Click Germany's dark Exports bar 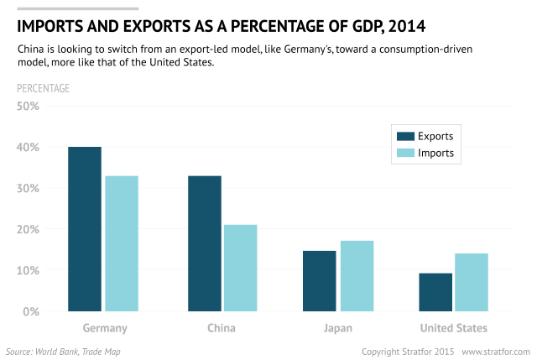(84, 229)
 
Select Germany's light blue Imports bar (122, 243)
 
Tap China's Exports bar (204, 243)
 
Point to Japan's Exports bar (319, 281)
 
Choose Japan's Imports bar (357, 276)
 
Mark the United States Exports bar (435, 292)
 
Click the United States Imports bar (472, 282)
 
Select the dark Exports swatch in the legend (404, 137)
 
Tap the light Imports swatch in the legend (404, 154)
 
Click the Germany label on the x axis (105, 328)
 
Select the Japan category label (338, 328)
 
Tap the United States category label (454, 328)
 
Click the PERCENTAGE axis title (44, 88)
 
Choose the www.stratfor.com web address (496, 351)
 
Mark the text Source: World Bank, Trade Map (63, 351)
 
